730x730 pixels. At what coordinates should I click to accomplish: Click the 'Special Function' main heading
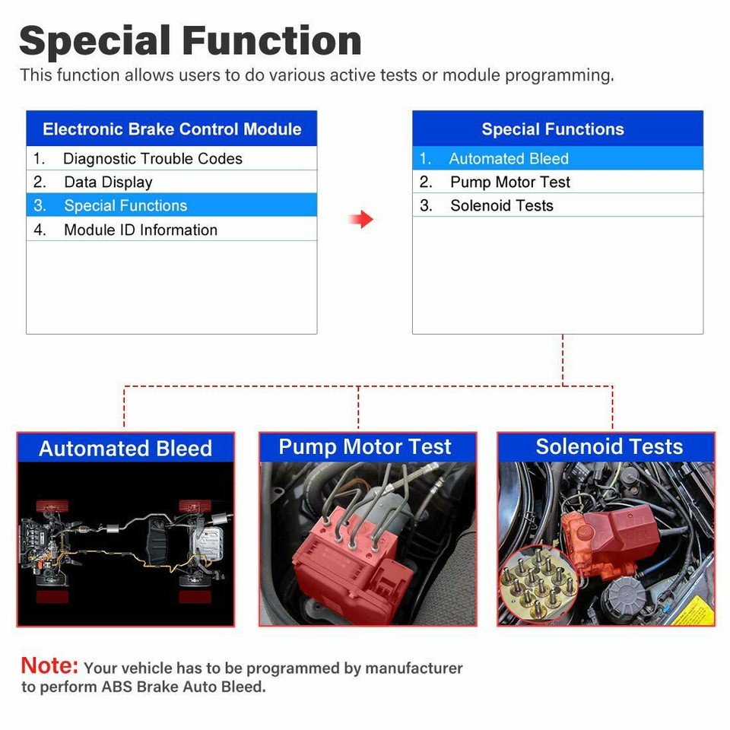coord(190,40)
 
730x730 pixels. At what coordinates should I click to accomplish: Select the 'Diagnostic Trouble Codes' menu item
coord(152,159)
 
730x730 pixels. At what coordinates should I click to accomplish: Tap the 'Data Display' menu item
coord(108,182)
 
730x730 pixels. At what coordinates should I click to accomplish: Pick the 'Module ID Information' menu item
coord(141,230)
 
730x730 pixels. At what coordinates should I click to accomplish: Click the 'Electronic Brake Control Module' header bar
coord(171,129)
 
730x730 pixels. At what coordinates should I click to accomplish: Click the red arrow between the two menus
coord(361,220)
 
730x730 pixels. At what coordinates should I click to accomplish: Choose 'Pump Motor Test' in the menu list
coord(509,182)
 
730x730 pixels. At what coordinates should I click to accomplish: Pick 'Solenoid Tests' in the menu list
coord(501,205)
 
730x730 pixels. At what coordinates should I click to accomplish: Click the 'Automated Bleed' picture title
coord(125,449)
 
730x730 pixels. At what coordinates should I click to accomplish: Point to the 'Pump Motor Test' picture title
coord(365,447)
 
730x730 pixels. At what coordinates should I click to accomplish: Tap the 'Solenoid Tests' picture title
coord(609,447)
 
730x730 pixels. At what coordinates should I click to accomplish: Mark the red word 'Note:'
coord(49,666)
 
